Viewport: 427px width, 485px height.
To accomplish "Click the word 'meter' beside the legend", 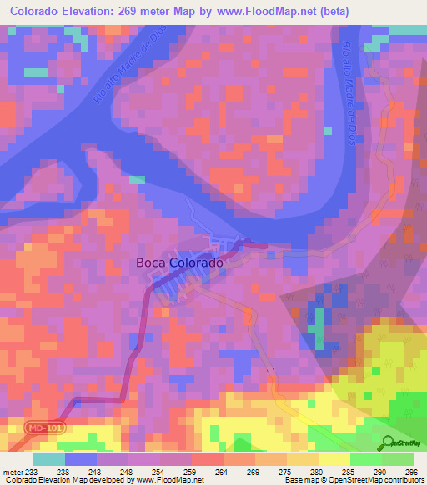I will [x=13, y=472].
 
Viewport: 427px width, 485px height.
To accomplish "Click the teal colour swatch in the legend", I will [x=49, y=459].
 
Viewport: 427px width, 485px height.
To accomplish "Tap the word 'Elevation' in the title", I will [x=83, y=11].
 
